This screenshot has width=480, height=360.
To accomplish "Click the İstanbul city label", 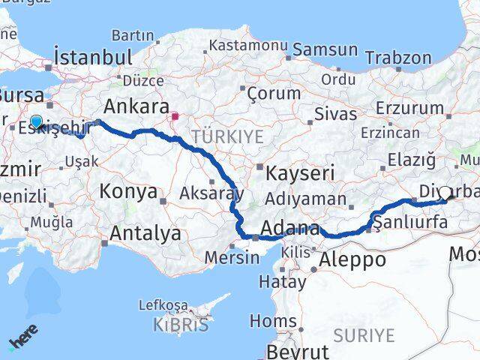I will point(93,57).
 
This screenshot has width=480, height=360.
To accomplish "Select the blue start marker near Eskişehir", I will point(36,121).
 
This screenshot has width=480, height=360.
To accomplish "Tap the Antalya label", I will point(145,233).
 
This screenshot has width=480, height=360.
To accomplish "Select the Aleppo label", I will point(352,260).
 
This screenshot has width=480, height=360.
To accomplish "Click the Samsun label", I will point(325,50).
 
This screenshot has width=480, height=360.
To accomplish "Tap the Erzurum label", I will point(409,108).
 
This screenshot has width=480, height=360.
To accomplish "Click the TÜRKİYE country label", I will point(227,136).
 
